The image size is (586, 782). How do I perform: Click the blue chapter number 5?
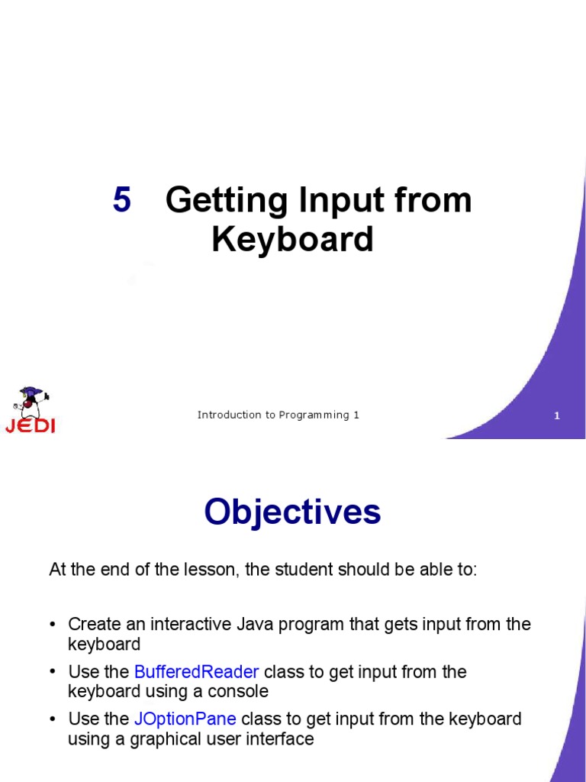[122, 201]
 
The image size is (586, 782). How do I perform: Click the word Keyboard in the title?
[292, 240]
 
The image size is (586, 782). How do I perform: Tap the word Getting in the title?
[227, 201]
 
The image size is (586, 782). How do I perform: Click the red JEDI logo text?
[31, 425]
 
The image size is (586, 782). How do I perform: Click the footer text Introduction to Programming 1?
[278, 415]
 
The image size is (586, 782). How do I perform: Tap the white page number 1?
[557, 416]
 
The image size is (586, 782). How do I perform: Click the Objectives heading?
[292, 512]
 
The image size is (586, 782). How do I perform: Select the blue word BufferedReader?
[197, 672]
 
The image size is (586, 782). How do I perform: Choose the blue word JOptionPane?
[185, 719]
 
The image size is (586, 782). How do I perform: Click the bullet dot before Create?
[53, 625]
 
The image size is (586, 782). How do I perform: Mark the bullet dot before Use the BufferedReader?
[53, 672]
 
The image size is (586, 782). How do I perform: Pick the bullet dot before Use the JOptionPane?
[53, 719]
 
